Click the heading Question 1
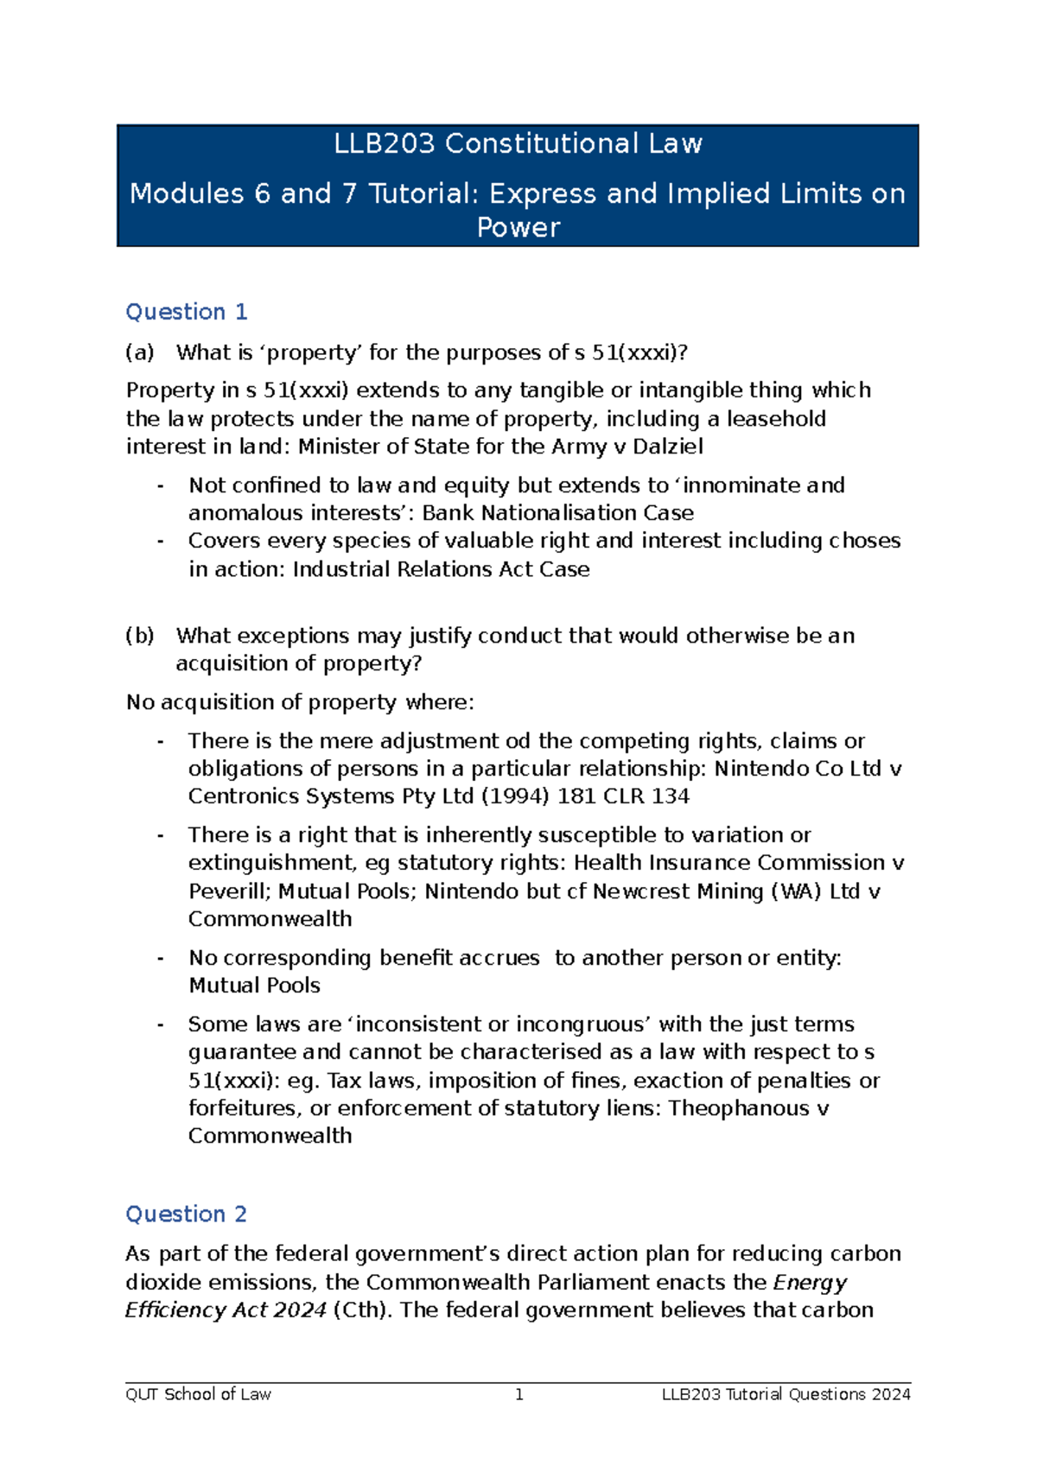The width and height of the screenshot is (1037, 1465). coord(187,312)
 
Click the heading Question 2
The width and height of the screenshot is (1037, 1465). coord(187,1214)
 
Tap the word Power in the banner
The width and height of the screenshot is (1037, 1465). coord(518,228)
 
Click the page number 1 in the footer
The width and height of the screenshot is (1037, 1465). coord(518,1394)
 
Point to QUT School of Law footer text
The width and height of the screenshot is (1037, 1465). coord(198,1394)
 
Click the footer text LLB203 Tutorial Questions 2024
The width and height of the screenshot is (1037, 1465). coord(786,1394)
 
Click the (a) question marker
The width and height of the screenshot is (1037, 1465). coord(139,352)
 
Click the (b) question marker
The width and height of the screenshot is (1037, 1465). coord(139,636)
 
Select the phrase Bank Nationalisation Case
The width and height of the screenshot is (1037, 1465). coord(558,513)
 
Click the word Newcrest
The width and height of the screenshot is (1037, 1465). coord(635,891)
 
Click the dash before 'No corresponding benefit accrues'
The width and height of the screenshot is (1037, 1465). coord(161,958)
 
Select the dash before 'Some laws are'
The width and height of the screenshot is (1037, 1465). coord(161,1024)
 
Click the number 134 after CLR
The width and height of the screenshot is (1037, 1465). coord(670,796)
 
